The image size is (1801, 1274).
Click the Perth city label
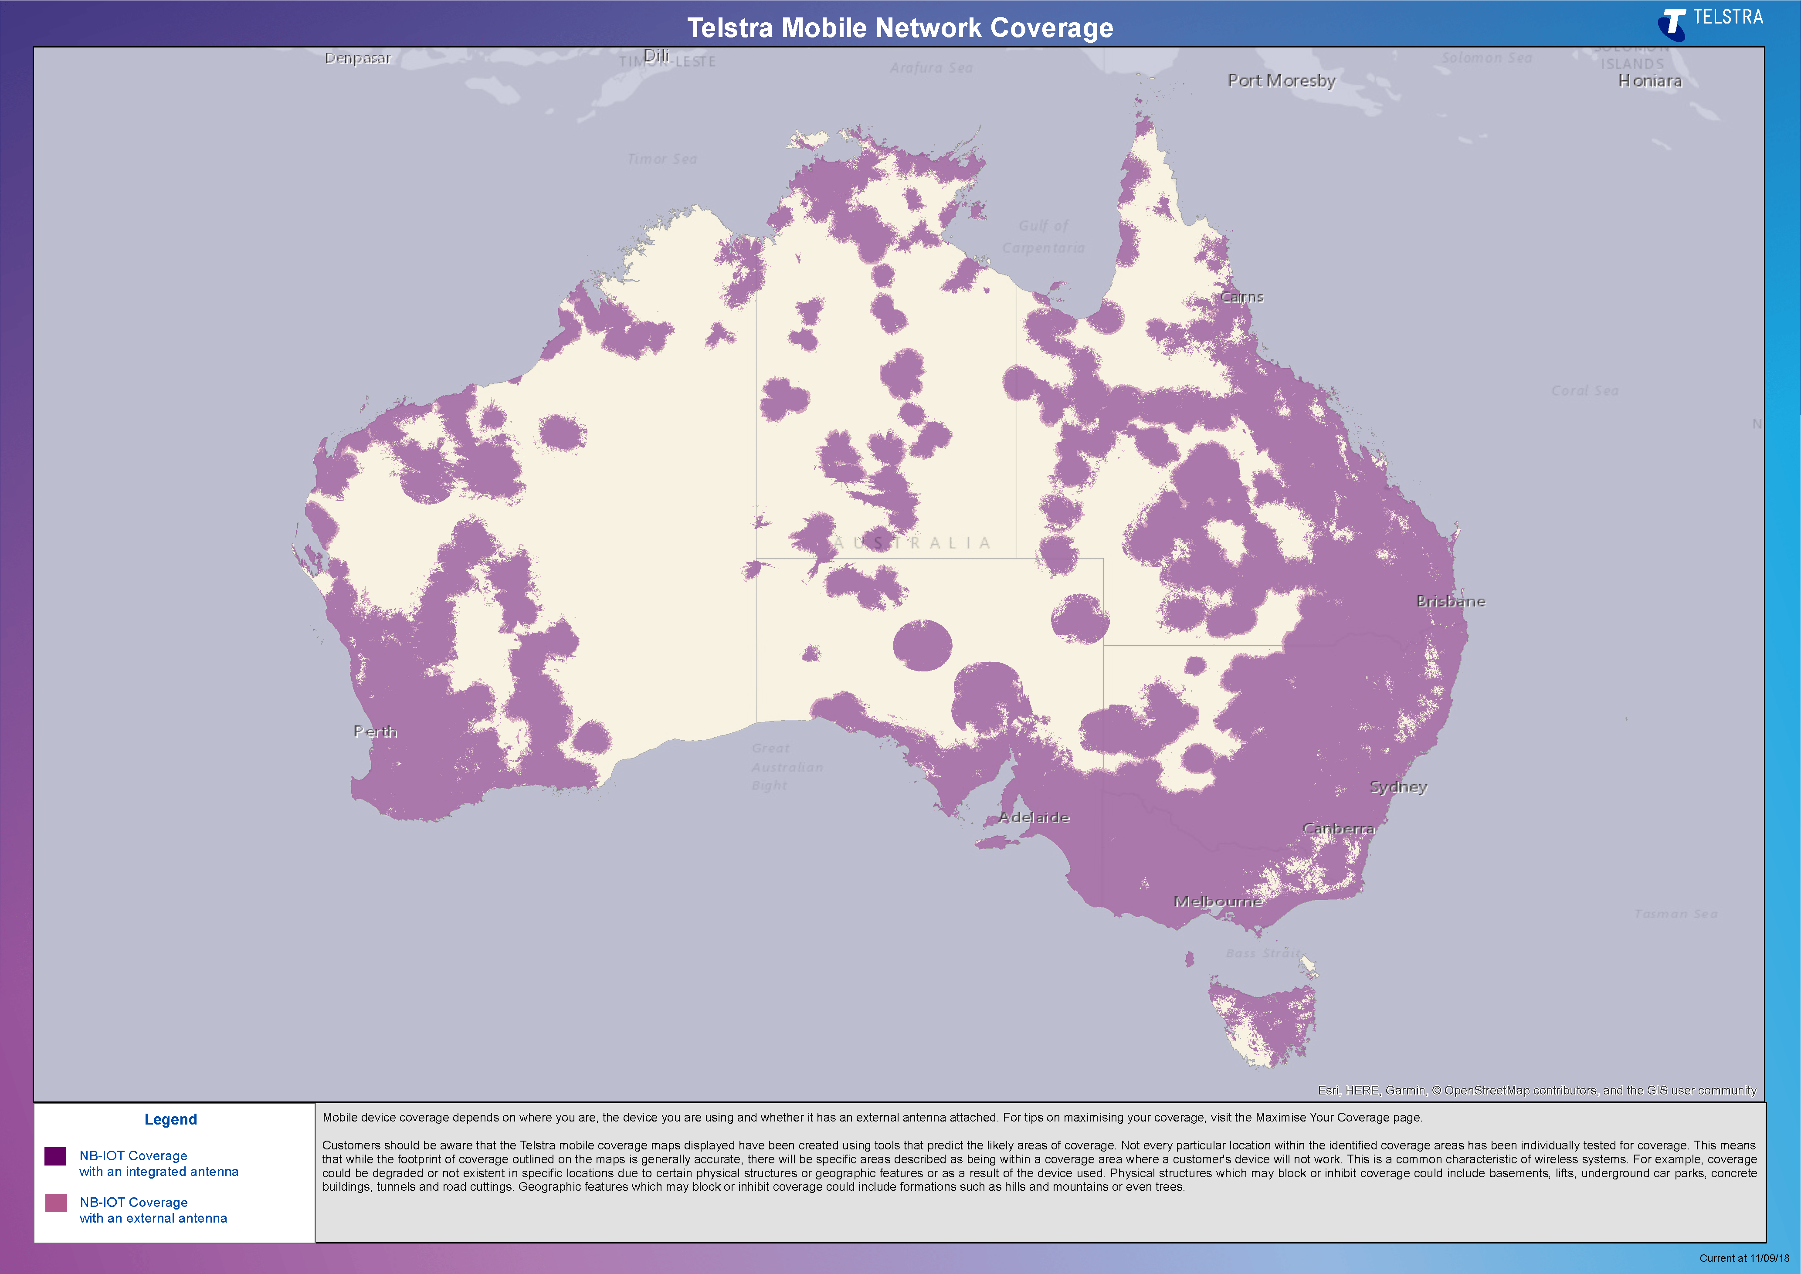point(375,731)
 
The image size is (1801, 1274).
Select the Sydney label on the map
point(1398,787)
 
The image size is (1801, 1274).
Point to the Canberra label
point(1338,828)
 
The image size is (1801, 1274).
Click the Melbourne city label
point(1218,901)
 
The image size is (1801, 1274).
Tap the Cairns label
point(1242,297)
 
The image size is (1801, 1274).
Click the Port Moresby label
point(1281,81)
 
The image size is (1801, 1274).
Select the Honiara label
point(1650,81)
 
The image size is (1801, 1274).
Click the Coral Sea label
point(1584,391)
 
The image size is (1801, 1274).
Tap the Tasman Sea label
point(1676,914)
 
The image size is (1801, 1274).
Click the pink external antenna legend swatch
point(56,1203)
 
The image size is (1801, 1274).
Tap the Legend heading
point(170,1119)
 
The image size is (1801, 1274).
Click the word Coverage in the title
point(1051,28)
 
